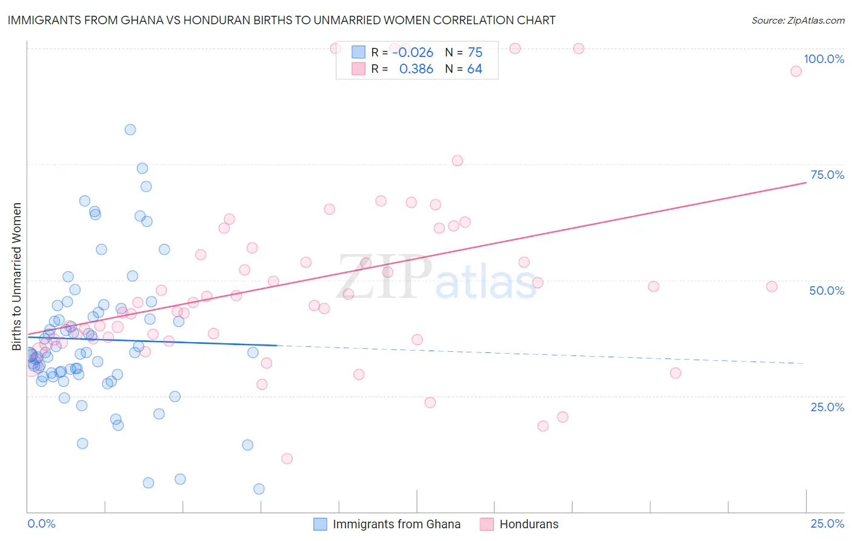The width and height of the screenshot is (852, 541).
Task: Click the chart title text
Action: [281, 21]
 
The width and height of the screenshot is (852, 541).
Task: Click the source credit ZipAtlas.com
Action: [797, 21]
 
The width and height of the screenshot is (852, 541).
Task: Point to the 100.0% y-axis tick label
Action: [824, 59]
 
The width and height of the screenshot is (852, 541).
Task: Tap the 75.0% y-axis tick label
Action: [827, 175]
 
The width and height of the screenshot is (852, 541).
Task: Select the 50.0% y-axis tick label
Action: [827, 291]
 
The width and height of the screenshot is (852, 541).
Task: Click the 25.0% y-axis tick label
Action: [827, 406]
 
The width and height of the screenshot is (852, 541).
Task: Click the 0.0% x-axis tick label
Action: [41, 523]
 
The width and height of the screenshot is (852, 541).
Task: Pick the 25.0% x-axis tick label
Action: [827, 523]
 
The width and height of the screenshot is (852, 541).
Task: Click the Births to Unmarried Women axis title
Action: [17, 277]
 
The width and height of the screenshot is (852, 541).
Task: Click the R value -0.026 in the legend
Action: [413, 53]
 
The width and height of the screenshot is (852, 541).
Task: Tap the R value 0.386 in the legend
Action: [416, 69]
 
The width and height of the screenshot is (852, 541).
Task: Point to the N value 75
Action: [475, 53]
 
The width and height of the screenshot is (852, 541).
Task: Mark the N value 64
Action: [474, 69]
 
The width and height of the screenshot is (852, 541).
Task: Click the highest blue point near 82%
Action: [130, 130]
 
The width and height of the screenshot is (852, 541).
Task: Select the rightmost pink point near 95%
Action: [796, 72]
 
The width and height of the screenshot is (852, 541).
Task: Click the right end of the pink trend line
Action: [806, 182]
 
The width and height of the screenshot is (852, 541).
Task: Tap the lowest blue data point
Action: [259, 489]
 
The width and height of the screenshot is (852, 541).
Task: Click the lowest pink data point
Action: [287, 459]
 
